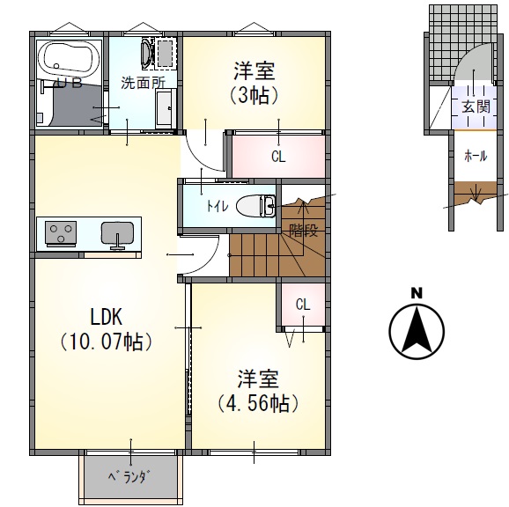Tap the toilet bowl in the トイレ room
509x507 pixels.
click(x=255, y=206)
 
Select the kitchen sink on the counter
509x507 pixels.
click(x=117, y=234)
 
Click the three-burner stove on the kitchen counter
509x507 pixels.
click(x=61, y=232)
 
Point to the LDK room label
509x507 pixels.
click(x=107, y=317)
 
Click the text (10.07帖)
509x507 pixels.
click(x=107, y=342)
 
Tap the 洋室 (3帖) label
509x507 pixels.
click(x=254, y=83)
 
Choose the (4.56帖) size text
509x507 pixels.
click(x=258, y=403)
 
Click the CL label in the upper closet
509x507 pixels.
click(x=278, y=157)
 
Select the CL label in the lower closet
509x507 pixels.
click(x=303, y=305)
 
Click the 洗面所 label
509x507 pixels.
click(x=144, y=83)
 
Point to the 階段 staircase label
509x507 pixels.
click(x=303, y=231)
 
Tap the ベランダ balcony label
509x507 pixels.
click(x=129, y=477)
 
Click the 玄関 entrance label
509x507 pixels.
click(x=476, y=107)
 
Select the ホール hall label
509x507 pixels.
click(x=476, y=157)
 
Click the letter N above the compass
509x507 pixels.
click(x=417, y=293)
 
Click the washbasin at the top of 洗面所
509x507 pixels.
click(x=146, y=54)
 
